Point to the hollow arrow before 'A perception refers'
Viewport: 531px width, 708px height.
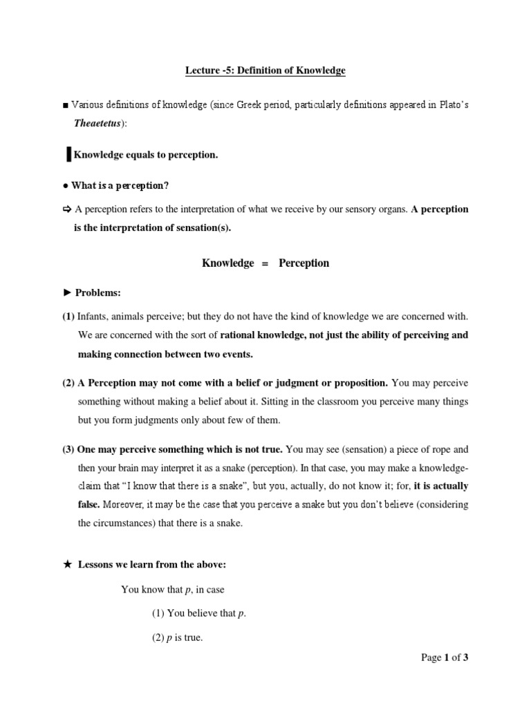click(x=66, y=209)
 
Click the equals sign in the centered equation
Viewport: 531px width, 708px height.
click(x=265, y=263)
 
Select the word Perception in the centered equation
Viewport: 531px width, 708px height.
click(x=304, y=263)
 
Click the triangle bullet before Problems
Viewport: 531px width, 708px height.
click(x=66, y=293)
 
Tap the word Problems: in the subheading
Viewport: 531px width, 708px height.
click(x=98, y=293)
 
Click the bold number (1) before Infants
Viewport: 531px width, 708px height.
click(x=68, y=316)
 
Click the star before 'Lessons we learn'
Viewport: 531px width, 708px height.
click(x=67, y=565)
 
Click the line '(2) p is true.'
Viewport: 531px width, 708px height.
click(x=177, y=638)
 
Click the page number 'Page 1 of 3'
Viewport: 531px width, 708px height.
click(x=445, y=658)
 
